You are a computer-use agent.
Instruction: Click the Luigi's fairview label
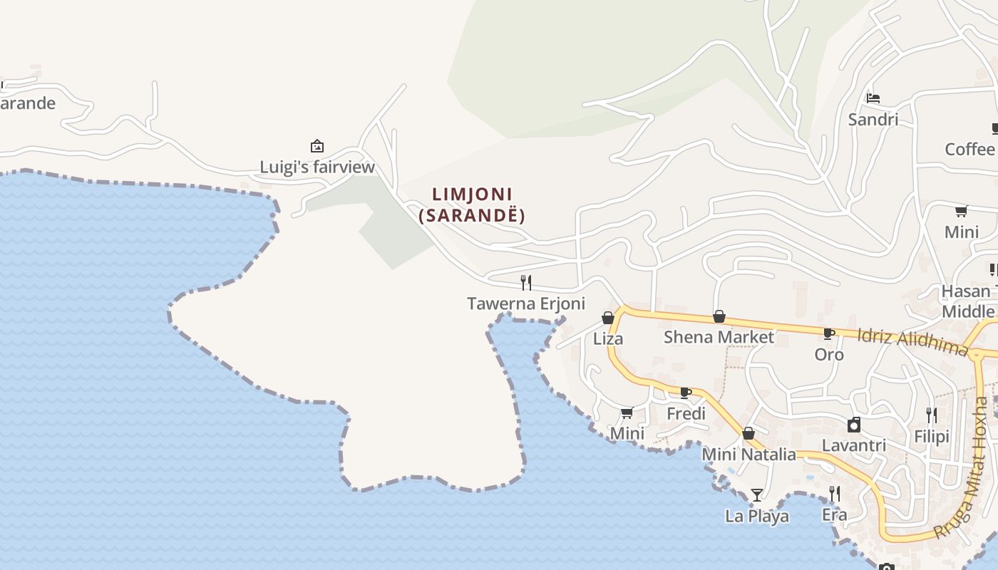pos(317,167)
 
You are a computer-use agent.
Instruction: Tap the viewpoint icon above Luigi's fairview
pos(317,147)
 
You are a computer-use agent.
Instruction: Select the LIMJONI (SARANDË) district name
pos(472,204)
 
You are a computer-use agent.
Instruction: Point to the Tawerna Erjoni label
pos(526,304)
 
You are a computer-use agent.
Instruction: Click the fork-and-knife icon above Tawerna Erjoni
pos(526,283)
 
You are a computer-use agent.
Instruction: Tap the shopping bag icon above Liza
pos(608,318)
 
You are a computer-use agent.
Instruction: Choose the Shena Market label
pos(719,336)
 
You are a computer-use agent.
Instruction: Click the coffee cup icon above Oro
pos(829,333)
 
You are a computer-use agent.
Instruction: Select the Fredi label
pos(686,413)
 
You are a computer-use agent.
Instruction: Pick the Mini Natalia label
pos(748,454)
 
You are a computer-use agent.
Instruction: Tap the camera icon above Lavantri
pos(854,425)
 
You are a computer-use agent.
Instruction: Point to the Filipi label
pos(932,435)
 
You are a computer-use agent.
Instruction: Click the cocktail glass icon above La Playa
pos(757,494)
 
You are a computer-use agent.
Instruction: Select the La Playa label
pos(757,515)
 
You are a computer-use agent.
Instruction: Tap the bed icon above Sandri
pos(873,98)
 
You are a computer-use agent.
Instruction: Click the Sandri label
pos(873,119)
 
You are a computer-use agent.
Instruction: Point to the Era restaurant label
pos(835,514)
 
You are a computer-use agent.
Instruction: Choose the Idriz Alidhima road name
pos(912,341)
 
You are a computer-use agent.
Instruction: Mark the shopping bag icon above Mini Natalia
pos(748,433)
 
